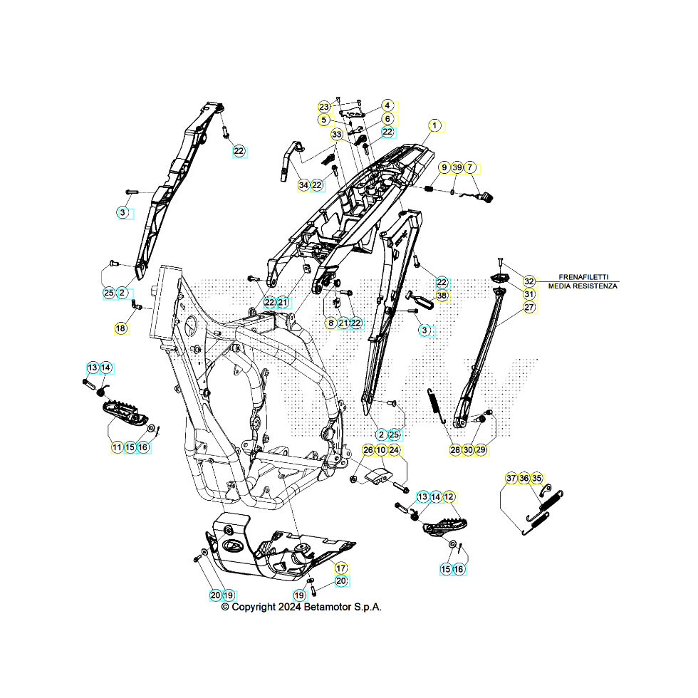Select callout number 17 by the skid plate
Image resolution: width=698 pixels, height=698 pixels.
(x=341, y=568)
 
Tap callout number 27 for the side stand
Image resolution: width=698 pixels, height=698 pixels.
(x=529, y=308)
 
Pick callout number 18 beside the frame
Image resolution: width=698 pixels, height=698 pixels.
(x=120, y=328)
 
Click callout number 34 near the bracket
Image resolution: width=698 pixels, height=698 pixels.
(x=304, y=185)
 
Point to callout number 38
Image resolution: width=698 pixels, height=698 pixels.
(x=442, y=296)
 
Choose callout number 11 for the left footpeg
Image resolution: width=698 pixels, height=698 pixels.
(x=117, y=447)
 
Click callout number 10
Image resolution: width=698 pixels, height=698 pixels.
(x=381, y=449)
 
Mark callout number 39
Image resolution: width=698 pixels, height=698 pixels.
(x=457, y=167)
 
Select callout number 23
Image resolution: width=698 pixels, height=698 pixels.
(x=324, y=106)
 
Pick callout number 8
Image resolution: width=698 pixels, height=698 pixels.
(x=330, y=323)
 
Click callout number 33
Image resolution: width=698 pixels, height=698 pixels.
(x=337, y=135)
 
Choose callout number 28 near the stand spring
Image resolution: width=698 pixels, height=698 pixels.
(x=455, y=449)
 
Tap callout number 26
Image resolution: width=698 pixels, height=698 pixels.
(x=368, y=449)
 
